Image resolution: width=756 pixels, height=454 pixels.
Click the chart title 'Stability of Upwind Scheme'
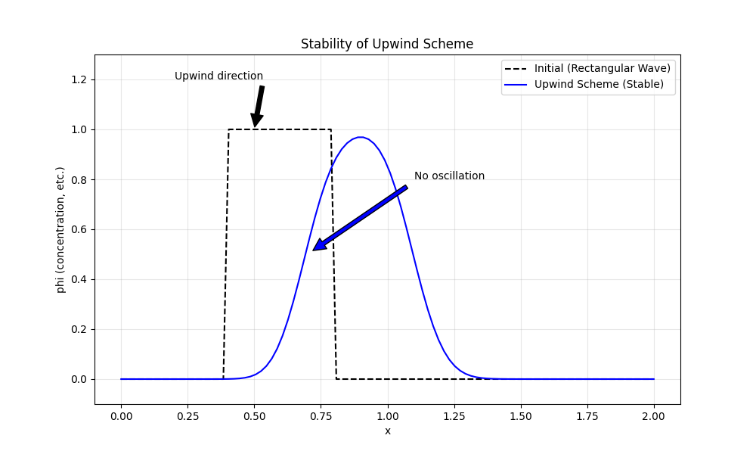[387, 44]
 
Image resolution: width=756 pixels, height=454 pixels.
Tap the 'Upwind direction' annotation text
[218, 76]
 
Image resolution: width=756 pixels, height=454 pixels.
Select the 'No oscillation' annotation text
[449, 176]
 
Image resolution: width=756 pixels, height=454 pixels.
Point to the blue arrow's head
[314, 249]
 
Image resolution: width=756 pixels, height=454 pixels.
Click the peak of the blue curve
[361, 137]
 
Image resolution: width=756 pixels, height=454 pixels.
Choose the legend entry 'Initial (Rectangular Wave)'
[602, 68]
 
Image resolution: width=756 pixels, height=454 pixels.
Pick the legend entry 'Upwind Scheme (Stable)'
[599, 84]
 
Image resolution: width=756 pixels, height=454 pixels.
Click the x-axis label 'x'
[388, 431]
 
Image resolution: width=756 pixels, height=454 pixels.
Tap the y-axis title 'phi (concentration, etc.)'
[60, 230]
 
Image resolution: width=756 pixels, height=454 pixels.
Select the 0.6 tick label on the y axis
[79, 230]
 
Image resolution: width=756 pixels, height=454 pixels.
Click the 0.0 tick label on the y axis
[79, 379]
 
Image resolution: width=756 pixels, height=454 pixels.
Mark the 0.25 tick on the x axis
[187, 416]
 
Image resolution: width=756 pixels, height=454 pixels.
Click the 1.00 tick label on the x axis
[388, 416]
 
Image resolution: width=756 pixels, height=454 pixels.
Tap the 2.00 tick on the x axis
[654, 416]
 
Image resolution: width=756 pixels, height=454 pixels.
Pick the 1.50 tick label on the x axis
[521, 416]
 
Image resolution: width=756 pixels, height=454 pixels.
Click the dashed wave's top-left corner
[228, 130]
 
